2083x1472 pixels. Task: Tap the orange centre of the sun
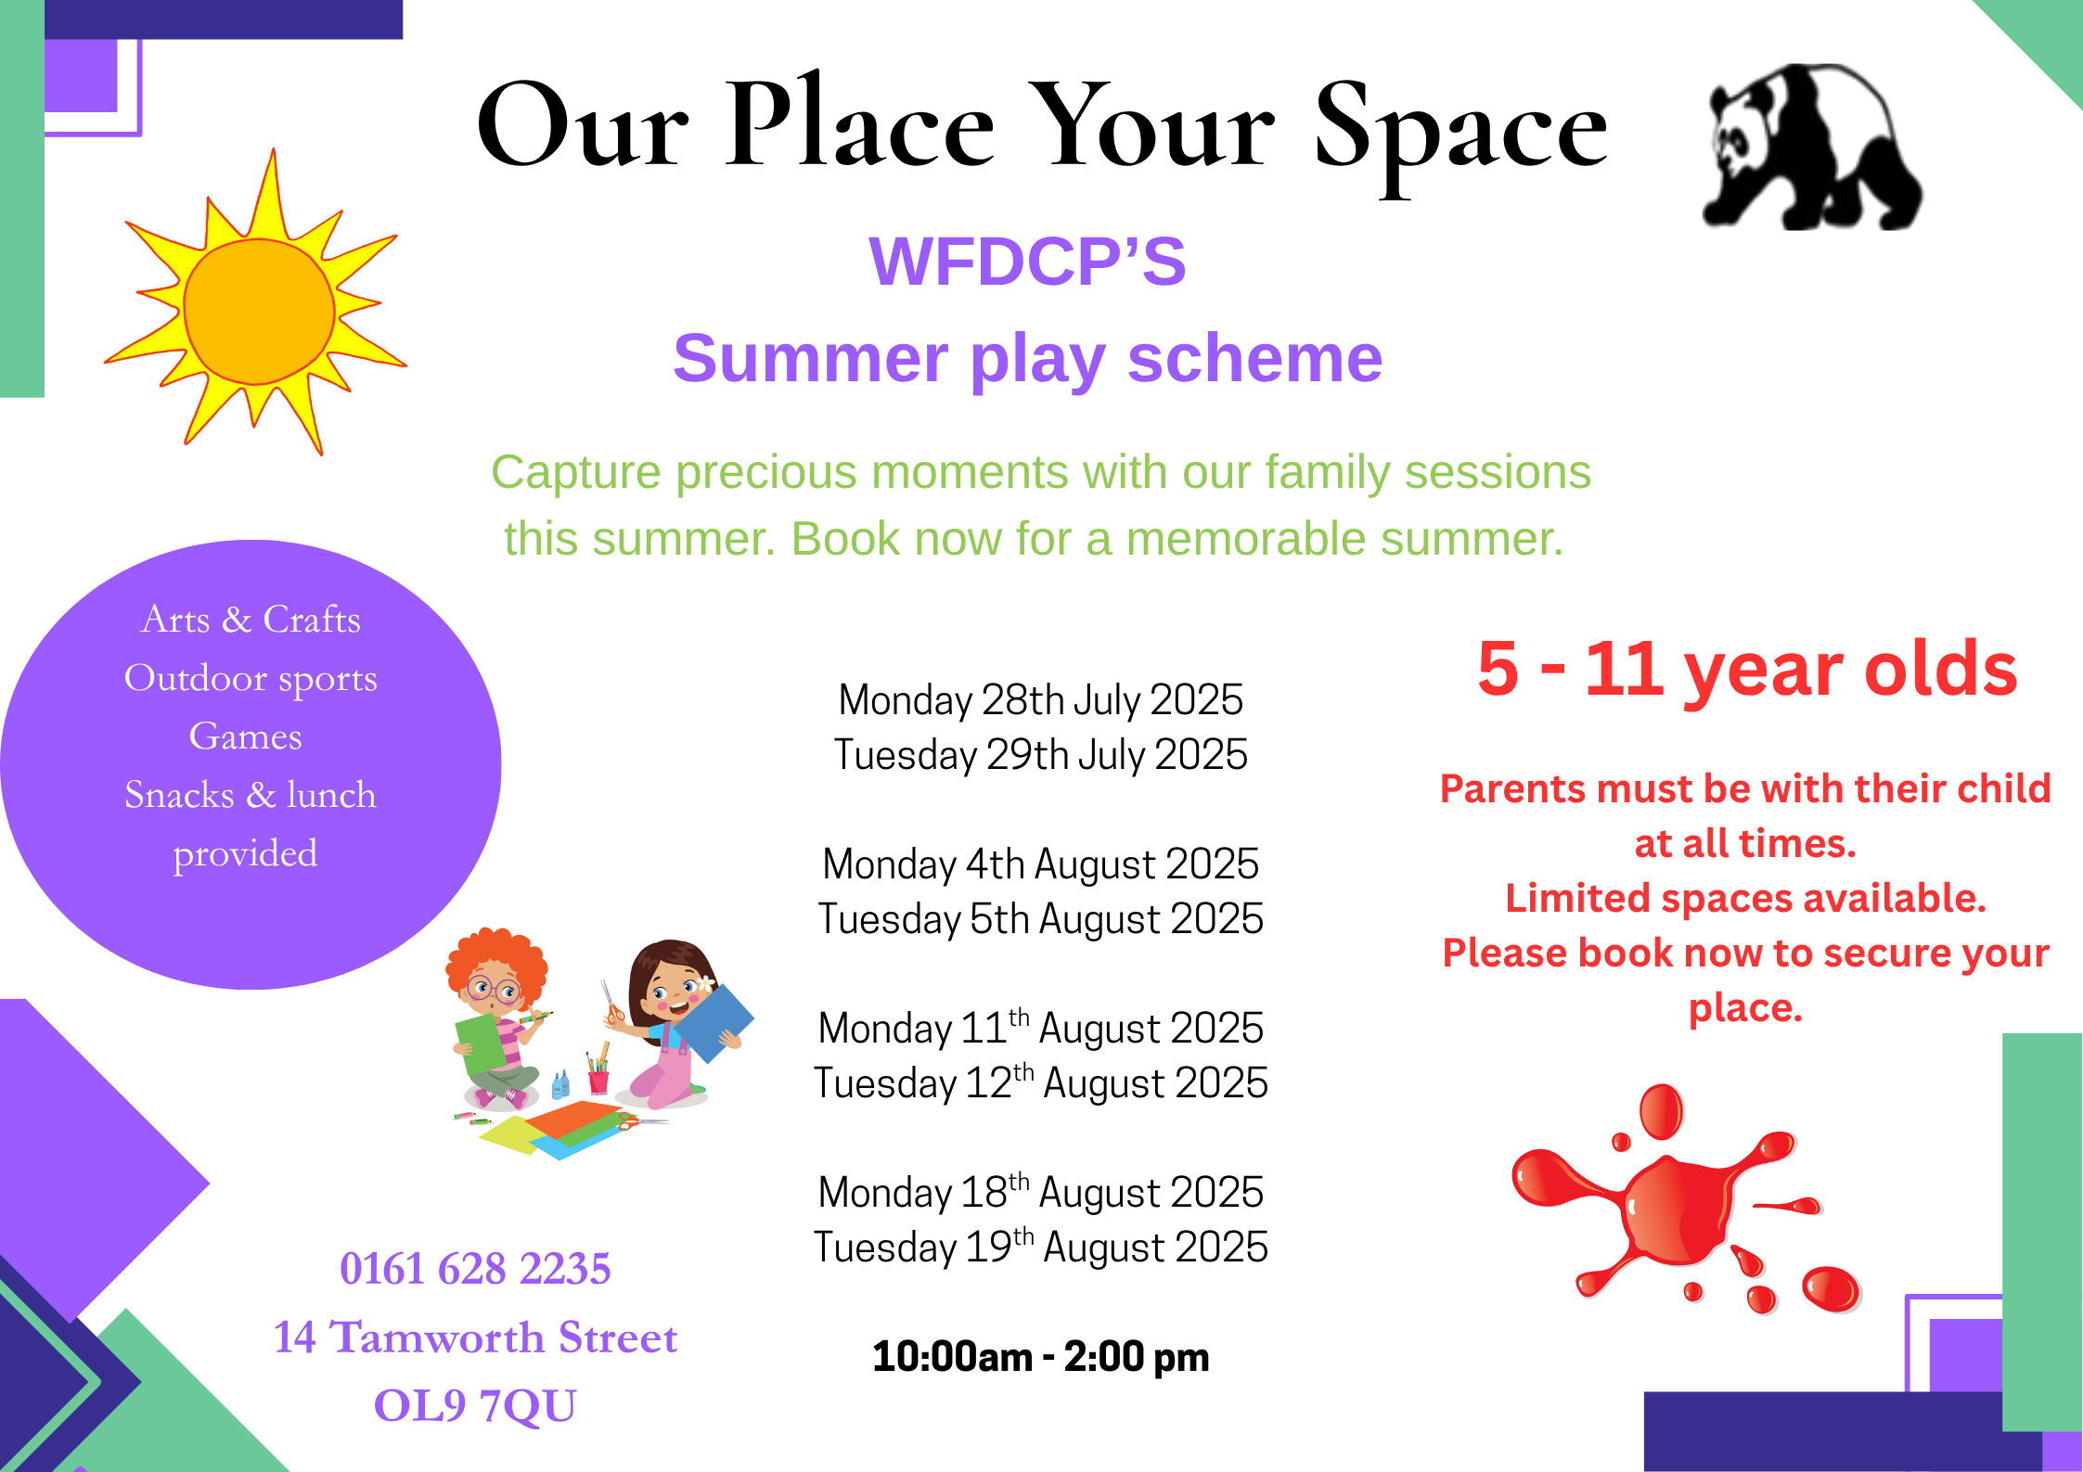(x=259, y=311)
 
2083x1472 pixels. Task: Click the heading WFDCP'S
(x=1027, y=261)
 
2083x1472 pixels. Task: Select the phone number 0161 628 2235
(x=475, y=1269)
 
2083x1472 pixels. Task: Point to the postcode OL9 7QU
(x=475, y=1405)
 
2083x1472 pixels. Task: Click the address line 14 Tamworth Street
(x=475, y=1338)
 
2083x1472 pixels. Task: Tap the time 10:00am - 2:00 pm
(x=1040, y=1357)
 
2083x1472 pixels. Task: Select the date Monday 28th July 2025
(x=1040, y=700)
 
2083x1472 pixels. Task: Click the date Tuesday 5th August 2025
(x=1040, y=919)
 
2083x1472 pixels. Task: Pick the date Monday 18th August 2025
(x=1040, y=1192)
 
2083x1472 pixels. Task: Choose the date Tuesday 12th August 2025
(x=1040, y=1082)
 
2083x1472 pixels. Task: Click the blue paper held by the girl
(x=713, y=1023)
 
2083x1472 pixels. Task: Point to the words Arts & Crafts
(x=251, y=619)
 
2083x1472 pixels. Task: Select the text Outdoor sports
(x=251, y=678)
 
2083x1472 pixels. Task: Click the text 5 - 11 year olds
(x=1747, y=669)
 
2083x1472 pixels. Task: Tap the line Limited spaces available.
(x=1745, y=898)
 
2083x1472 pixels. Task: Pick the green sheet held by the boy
(x=481, y=1044)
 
